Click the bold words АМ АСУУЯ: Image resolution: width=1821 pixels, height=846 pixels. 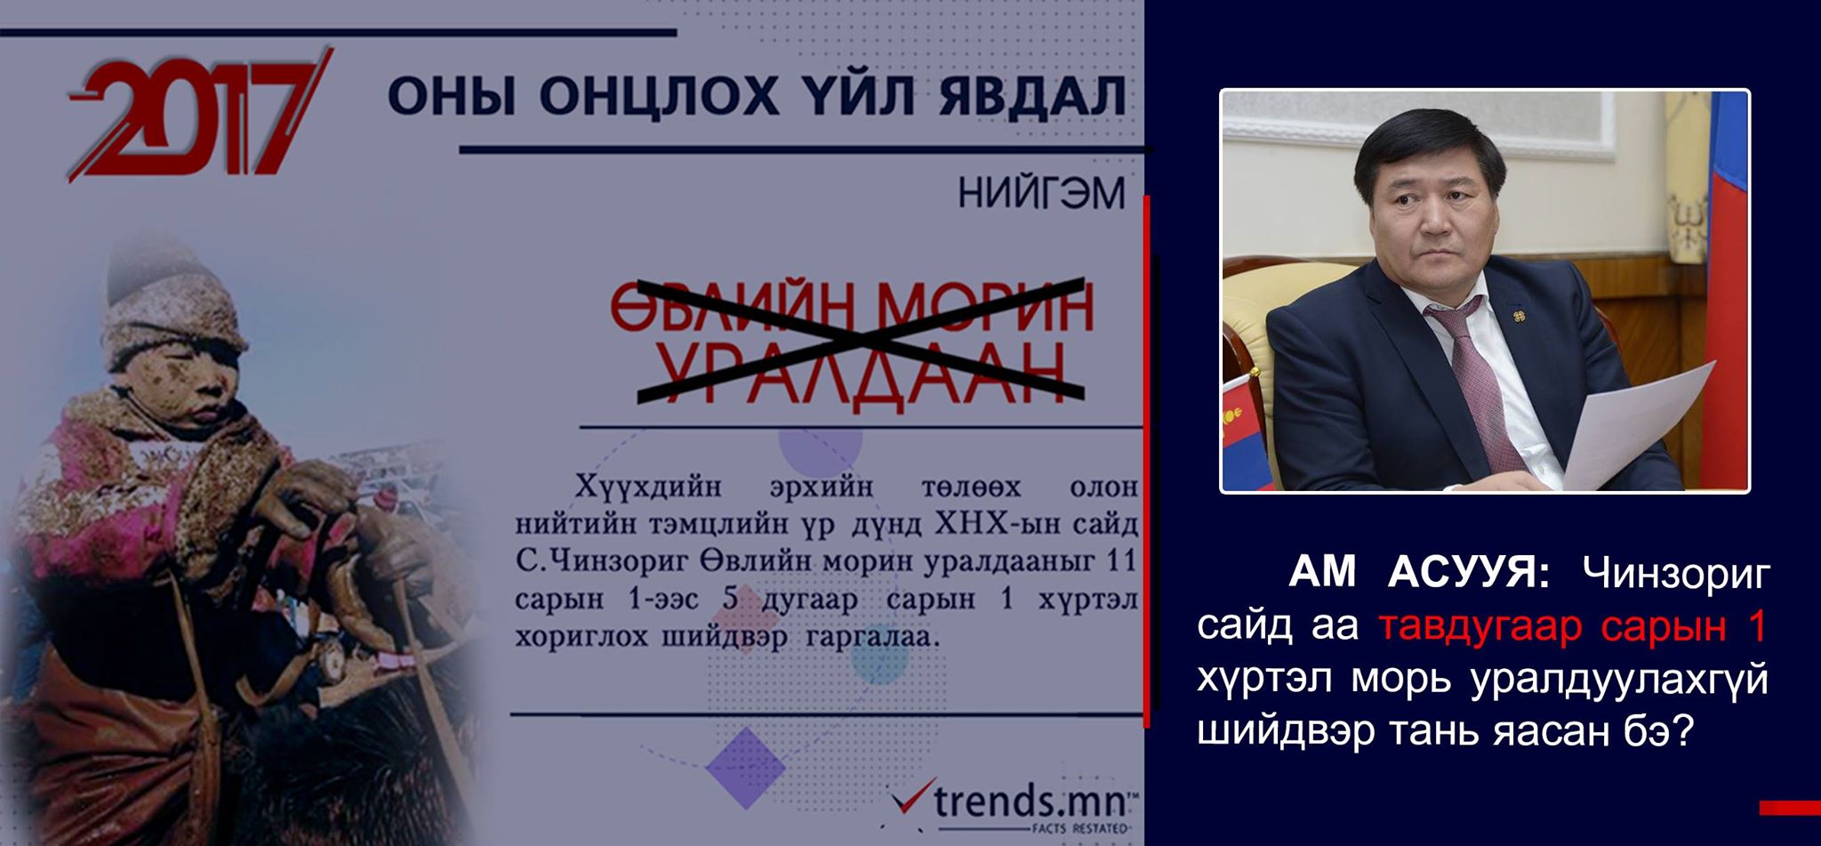coord(1419,575)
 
